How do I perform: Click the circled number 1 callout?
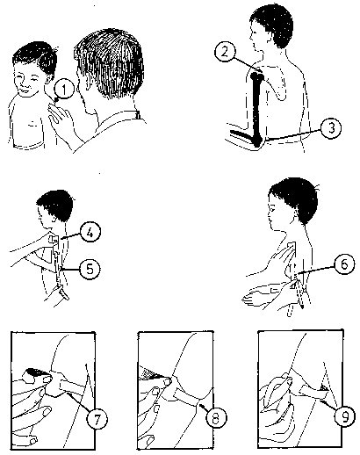[x=63, y=89]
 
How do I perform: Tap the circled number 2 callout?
[x=225, y=52]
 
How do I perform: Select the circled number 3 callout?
[x=331, y=128]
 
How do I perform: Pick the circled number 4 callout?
[x=90, y=233]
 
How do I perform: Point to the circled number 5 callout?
[x=90, y=269]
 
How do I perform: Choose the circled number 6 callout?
[x=345, y=264]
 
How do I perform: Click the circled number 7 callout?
[x=97, y=419]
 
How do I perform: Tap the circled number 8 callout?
[x=216, y=418]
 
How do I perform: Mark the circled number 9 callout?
[x=346, y=416]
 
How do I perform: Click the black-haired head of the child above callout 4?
[x=55, y=205]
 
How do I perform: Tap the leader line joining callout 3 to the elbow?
[x=293, y=135]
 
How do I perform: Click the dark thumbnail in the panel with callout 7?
[x=35, y=372]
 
